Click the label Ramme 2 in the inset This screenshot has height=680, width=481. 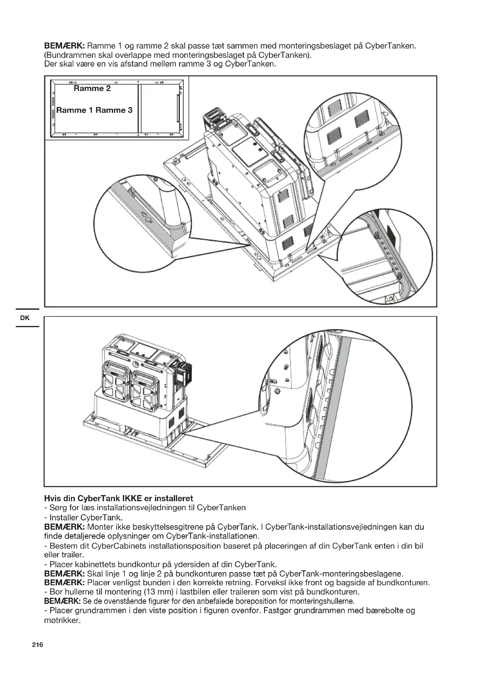coord(92,89)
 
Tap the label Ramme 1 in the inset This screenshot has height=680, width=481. coord(75,110)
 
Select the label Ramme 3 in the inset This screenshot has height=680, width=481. coord(114,110)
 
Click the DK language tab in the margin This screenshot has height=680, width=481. coord(25,318)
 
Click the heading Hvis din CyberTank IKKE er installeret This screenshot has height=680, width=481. coord(118,498)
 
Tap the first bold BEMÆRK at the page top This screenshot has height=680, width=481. coord(65,46)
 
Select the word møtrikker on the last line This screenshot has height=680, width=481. coord(62,620)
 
